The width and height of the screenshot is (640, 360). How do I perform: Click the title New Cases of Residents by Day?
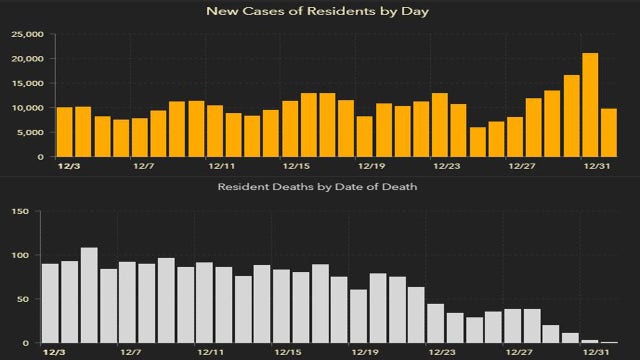(x=320, y=12)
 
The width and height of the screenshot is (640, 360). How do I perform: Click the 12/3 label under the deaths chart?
(x=53, y=353)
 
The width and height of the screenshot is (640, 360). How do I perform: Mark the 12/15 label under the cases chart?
(x=296, y=166)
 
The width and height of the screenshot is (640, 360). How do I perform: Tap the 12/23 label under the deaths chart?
(x=441, y=353)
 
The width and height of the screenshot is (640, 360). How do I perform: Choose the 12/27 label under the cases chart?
(x=521, y=166)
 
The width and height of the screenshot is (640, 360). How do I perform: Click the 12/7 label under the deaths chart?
(x=130, y=353)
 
